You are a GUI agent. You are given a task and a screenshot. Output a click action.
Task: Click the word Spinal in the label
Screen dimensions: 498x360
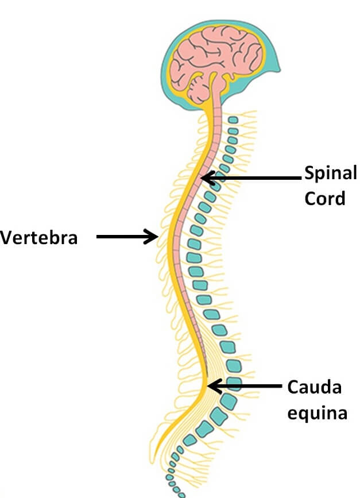click(x=330, y=172)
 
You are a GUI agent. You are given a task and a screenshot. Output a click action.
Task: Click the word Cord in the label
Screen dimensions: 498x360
click(x=325, y=198)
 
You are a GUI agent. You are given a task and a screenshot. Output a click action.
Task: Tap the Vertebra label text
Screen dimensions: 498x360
click(x=38, y=237)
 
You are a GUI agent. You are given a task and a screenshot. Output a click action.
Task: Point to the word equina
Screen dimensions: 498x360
click(x=318, y=412)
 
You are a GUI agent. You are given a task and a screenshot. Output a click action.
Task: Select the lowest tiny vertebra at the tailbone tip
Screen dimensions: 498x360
click(x=183, y=494)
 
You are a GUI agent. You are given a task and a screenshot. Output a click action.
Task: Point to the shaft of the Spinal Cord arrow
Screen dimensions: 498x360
click(x=258, y=179)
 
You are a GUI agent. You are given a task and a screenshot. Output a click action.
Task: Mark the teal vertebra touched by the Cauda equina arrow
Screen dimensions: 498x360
click(x=233, y=384)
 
